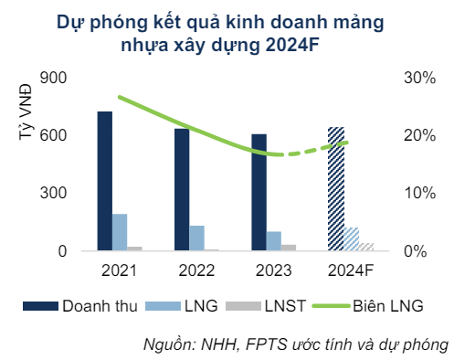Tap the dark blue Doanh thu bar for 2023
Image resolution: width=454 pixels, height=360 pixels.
tap(259, 192)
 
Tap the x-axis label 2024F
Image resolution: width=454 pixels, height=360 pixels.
tap(351, 271)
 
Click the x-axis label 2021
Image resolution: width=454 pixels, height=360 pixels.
tap(119, 271)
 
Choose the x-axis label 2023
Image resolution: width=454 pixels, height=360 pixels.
tap(273, 271)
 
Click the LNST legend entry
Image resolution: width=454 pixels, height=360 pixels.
tap(290, 306)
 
